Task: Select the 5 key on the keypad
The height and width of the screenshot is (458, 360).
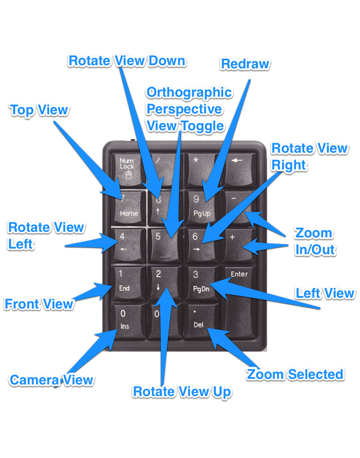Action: pos(163,243)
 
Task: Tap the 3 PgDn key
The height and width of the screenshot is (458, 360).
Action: pos(200,281)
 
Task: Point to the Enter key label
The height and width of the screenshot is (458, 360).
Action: pos(239,274)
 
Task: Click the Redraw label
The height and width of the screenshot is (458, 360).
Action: pos(245,64)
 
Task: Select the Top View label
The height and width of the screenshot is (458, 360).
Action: pos(39,110)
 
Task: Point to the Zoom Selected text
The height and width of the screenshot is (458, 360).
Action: pos(295,374)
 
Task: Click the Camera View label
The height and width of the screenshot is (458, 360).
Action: pos(52,380)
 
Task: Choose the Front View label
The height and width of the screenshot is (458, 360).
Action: pos(39,304)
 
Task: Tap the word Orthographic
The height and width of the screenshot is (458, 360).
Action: pos(189,92)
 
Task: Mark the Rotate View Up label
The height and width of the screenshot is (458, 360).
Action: pos(182,392)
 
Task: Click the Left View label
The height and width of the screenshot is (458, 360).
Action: pos(325,293)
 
